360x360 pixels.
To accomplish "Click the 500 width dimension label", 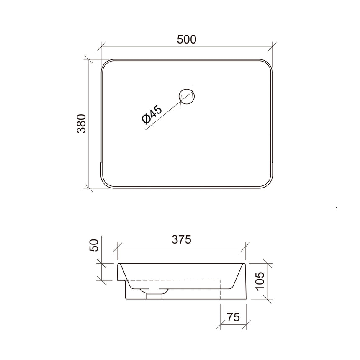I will (186, 39).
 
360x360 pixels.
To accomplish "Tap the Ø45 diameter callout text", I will (152, 115).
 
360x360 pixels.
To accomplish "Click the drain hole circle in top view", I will (186, 96).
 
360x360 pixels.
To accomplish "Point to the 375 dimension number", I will (182, 239).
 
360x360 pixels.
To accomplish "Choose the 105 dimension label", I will (260, 281).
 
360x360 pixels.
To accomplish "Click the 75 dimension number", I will (233, 317).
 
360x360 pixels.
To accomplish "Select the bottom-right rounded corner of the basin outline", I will (268, 184).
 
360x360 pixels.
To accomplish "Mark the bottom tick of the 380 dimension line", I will (88, 188).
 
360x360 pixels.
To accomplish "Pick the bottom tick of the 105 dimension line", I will (268, 299).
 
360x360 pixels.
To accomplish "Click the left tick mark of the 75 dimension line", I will (221, 324).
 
